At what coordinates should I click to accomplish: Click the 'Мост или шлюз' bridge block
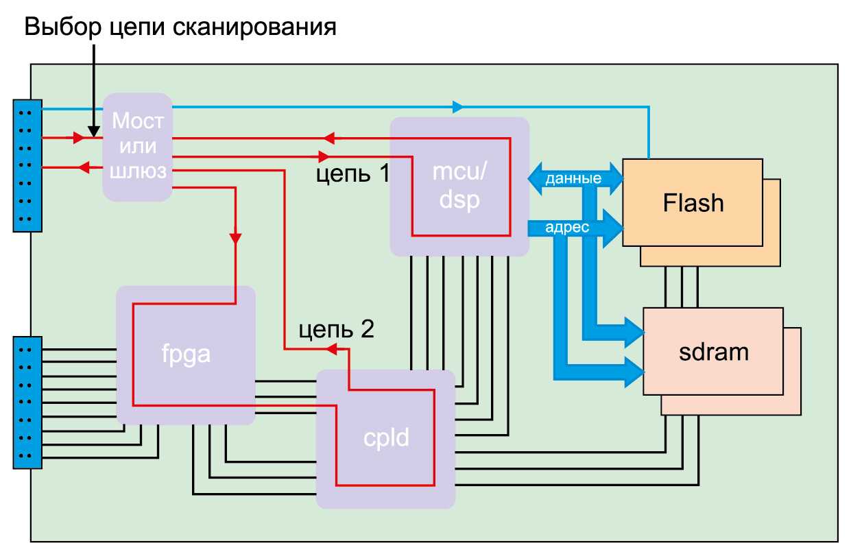pyautogui.click(x=137, y=147)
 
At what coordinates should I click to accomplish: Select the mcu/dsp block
pyautogui.click(x=459, y=187)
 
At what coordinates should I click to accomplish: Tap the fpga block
pyautogui.click(x=185, y=355)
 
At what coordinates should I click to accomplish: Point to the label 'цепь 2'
pyautogui.click(x=336, y=331)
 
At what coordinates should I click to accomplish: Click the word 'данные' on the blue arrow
pyautogui.click(x=573, y=179)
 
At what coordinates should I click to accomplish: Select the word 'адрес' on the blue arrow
pyautogui.click(x=567, y=228)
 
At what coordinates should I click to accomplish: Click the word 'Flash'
pyautogui.click(x=693, y=203)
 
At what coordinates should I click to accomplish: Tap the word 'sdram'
pyautogui.click(x=713, y=352)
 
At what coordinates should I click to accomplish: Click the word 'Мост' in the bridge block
pyautogui.click(x=138, y=122)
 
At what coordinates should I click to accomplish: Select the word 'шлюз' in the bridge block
pyautogui.click(x=139, y=171)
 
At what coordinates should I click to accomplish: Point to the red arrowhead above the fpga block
pyautogui.click(x=235, y=239)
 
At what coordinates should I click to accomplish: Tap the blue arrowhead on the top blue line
pyautogui.click(x=457, y=107)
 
